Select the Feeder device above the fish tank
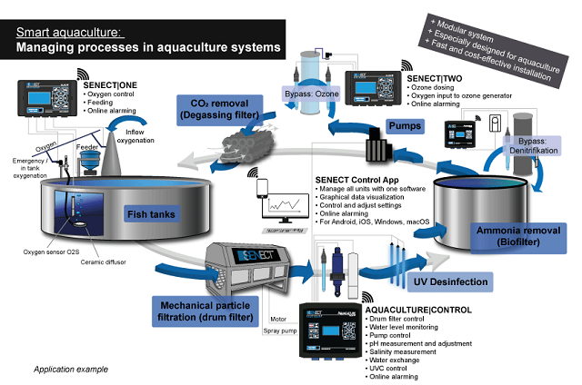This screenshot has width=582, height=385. (90, 161)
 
